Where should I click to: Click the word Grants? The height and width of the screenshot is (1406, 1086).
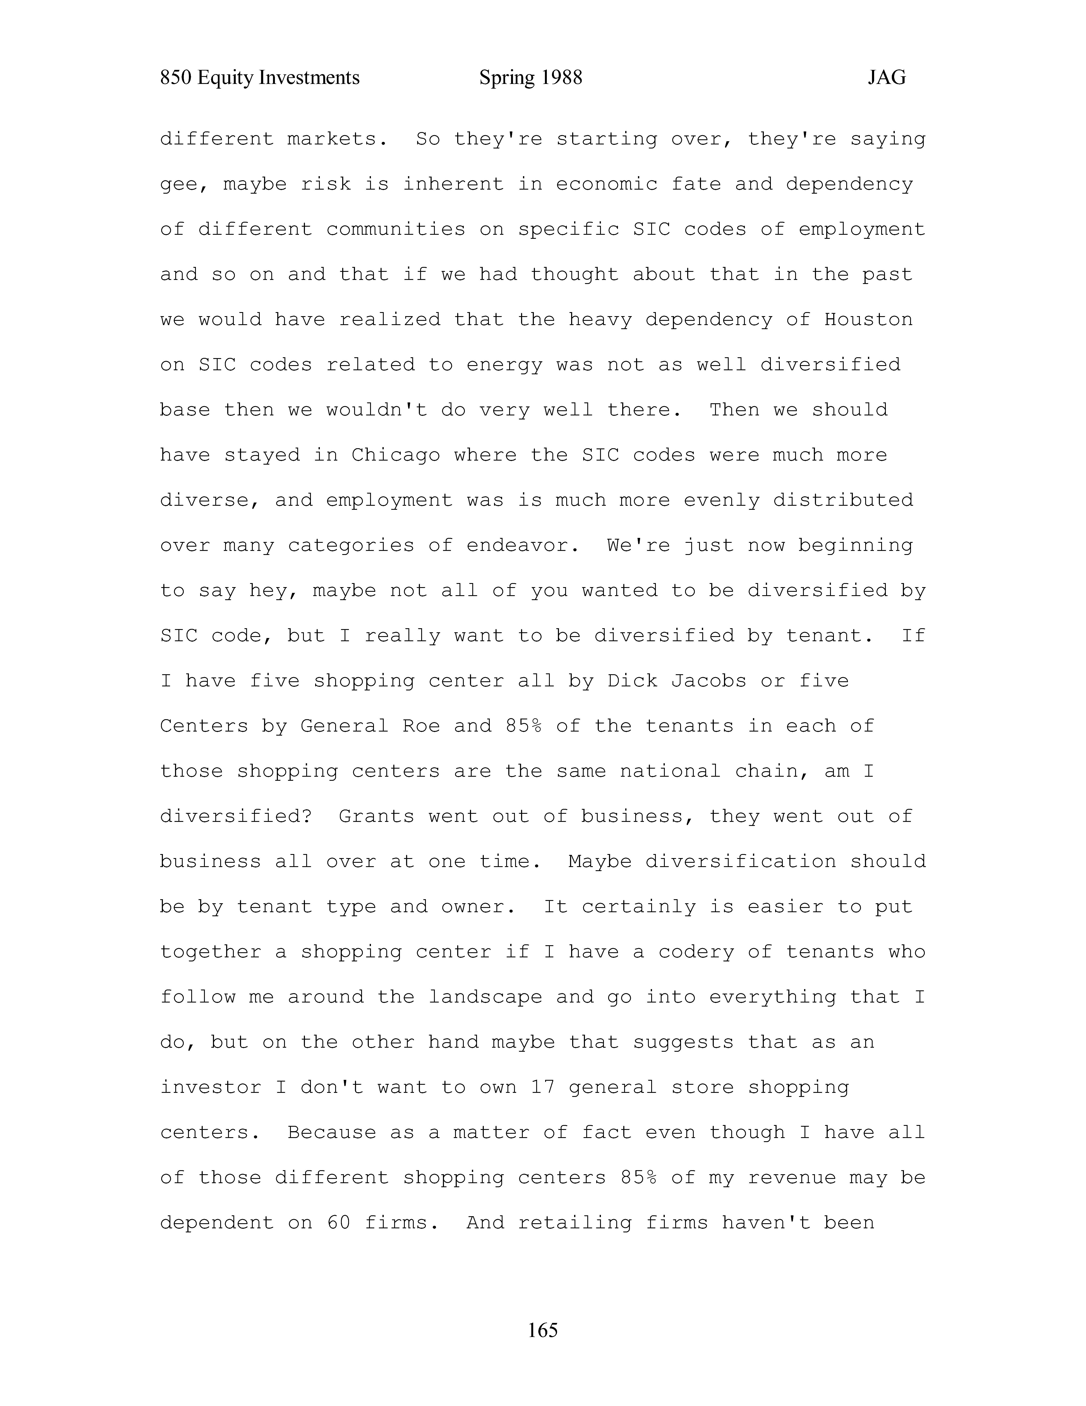click(376, 816)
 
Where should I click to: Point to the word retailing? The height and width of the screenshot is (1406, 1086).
click(575, 1223)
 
